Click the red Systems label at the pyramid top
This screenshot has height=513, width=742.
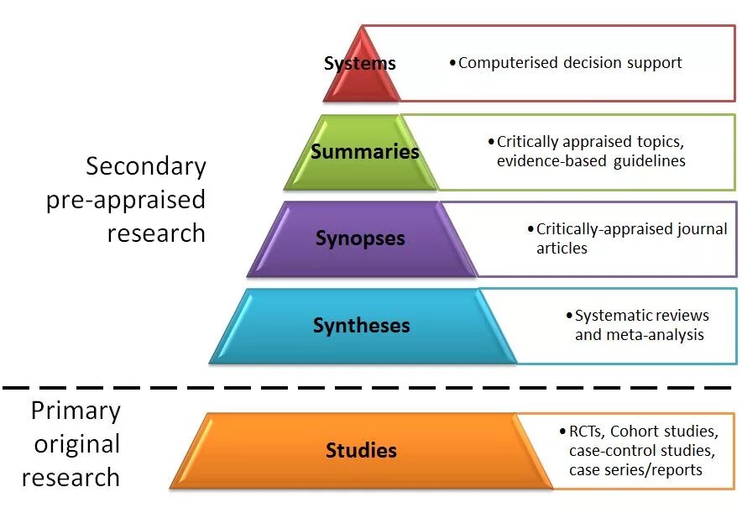click(359, 63)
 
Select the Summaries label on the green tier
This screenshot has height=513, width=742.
click(364, 152)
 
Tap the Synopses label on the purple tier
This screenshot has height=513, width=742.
click(360, 238)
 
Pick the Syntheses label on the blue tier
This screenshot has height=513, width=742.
click(361, 326)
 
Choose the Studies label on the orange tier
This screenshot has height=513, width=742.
click(361, 451)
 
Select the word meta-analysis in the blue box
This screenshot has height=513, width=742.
click(657, 335)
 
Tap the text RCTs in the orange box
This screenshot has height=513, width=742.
click(585, 432)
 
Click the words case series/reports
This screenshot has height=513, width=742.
click(635, 470)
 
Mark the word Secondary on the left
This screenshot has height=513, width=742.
click(146, 166)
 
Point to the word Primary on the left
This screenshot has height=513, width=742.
click(76, 411)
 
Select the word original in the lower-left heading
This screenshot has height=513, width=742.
click(76, 444)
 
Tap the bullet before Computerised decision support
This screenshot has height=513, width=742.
click(452, 63)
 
